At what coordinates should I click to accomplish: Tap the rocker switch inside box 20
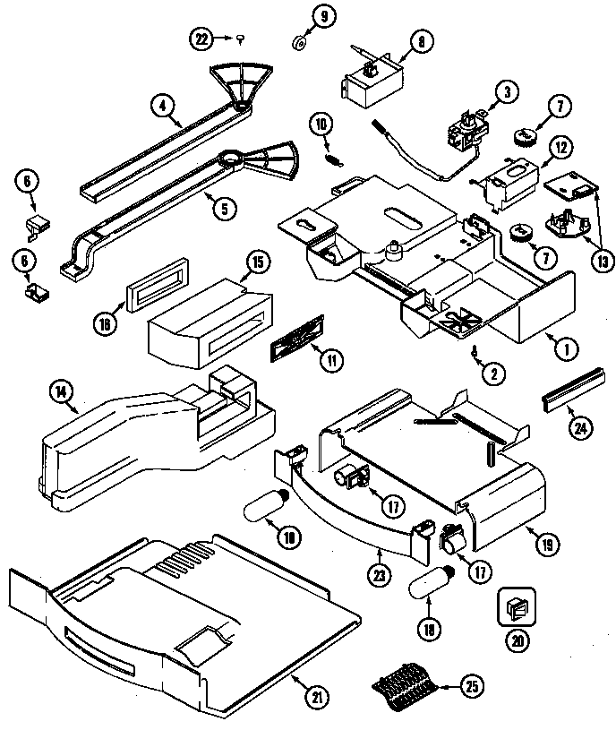point(517,609)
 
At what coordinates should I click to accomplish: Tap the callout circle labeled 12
point(559,146)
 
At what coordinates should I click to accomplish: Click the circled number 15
point(256,262)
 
